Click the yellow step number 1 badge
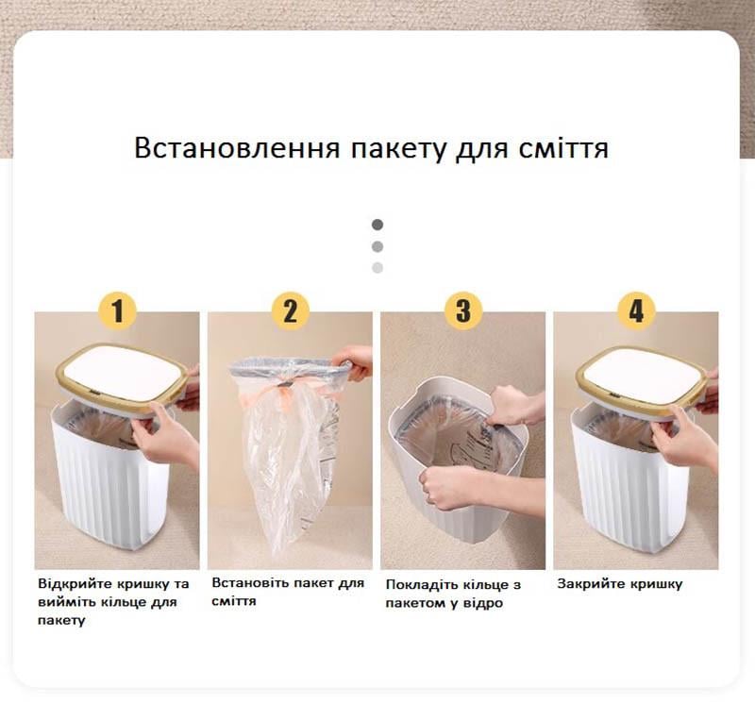point(118,310)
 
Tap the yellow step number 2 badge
point(290,310)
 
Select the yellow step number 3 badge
point(462,310)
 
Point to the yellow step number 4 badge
point(636,310)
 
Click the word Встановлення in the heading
point(238,147)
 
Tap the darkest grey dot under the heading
point(377,225)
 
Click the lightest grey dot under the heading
point(377,268)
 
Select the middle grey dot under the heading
point(377,246)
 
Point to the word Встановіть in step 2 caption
point(249,583)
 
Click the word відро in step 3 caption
point(485,603)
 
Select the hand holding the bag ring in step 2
point(354,362)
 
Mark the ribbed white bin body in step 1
point(111,486)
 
